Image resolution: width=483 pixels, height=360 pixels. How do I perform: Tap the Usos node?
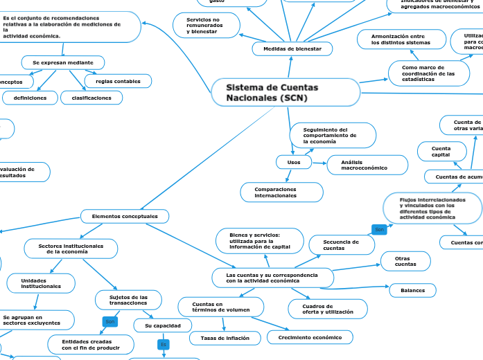(289, 162)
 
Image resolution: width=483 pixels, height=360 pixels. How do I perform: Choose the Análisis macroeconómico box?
(364, 165)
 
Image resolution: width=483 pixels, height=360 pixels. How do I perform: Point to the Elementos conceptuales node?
(125, 217)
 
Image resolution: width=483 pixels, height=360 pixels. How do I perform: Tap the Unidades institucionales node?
(40, 282)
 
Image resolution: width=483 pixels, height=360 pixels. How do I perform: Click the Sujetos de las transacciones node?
(128, 300)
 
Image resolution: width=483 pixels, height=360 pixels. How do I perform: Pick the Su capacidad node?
(163, 325)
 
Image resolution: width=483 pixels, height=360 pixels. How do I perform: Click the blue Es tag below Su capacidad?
(164, 344)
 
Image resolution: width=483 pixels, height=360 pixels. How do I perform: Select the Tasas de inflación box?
(225, 338)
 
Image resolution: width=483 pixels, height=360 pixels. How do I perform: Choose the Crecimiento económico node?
(310, 337)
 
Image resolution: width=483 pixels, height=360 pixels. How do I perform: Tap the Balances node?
(412, 290)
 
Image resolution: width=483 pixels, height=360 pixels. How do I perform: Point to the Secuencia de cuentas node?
(340, 244)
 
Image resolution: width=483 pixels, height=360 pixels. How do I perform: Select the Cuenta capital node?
(441, 151)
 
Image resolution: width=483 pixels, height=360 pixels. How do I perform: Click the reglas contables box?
(117, 82)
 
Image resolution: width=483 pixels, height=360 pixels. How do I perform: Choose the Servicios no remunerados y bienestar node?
(206, 25)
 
